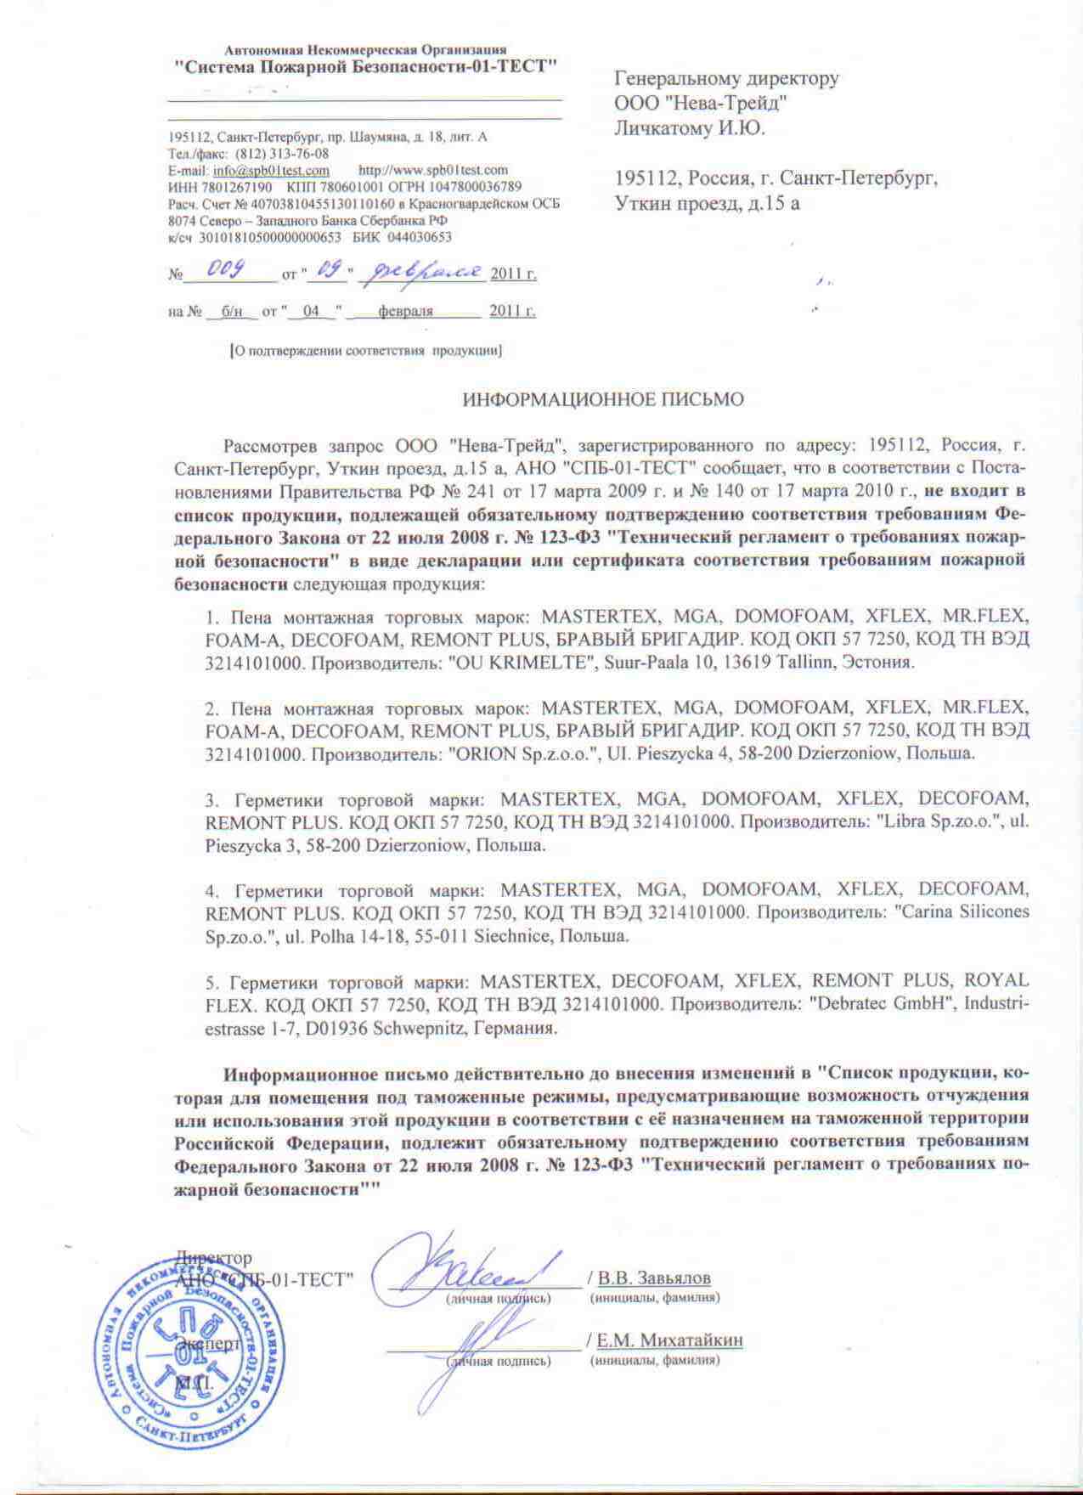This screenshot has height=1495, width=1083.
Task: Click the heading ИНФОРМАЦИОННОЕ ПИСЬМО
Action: click(602, 399)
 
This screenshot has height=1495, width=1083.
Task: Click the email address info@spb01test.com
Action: click(272, 170)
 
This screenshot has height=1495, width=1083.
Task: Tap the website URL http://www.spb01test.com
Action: click(433, 170)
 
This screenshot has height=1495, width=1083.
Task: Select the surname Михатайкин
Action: click(691, 1340)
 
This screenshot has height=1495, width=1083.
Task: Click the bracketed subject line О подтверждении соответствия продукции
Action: click(366, 351)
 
